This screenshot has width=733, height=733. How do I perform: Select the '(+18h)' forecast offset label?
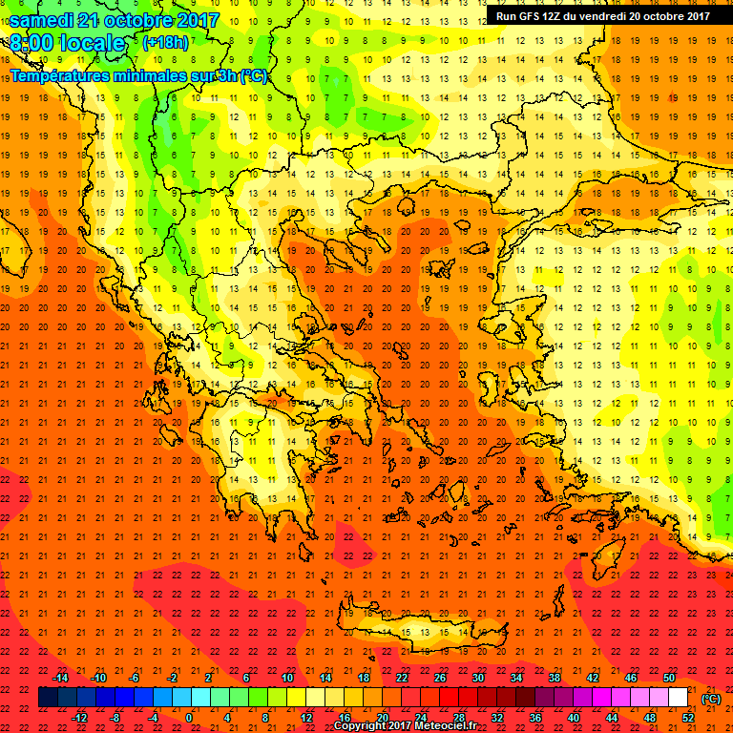pos(165,43)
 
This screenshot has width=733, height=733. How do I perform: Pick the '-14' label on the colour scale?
pos(60,678)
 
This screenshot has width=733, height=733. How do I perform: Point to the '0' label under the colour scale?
pos(189,718)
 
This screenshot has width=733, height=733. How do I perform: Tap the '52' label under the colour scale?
pos(688,718)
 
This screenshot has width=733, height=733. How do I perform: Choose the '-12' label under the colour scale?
pos(79,718)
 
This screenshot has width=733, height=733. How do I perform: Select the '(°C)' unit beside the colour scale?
pos(711,699)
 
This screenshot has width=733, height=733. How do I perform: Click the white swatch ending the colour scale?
pos(679,698)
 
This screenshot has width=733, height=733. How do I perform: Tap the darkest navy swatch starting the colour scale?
pos(48,698)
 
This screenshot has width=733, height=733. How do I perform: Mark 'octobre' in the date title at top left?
pos(140,20)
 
